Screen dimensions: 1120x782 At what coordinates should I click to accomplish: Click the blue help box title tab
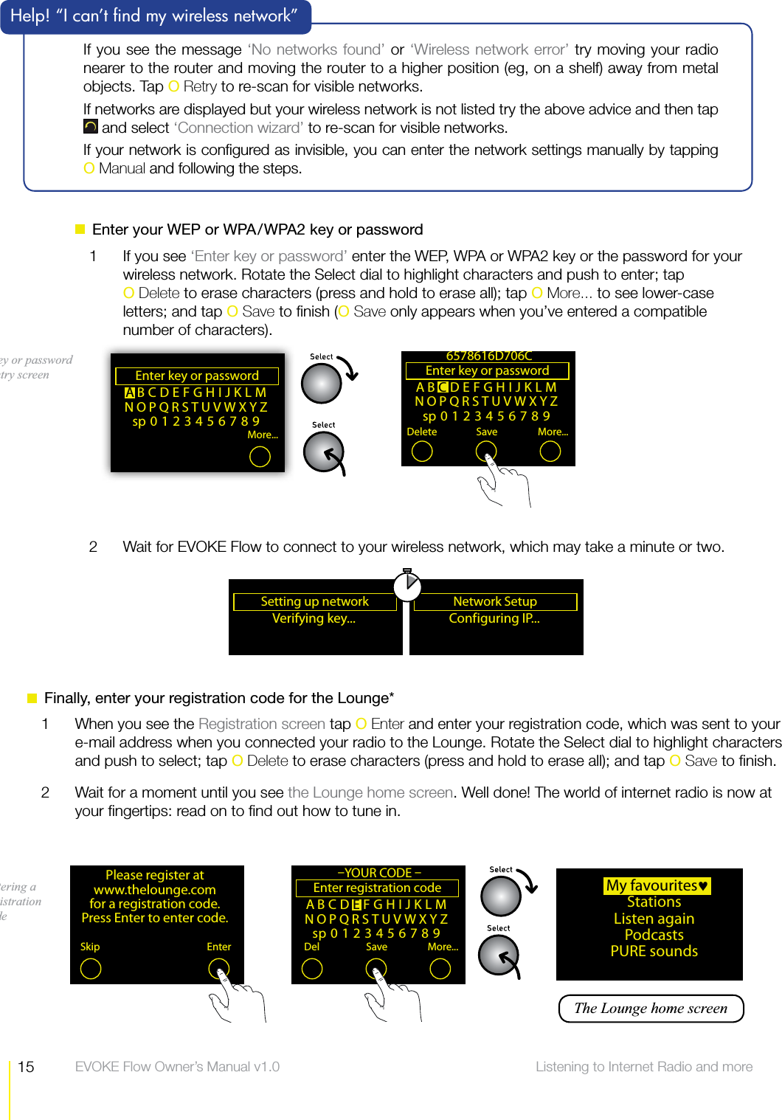pos(155,16)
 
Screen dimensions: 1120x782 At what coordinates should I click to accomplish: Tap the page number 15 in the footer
pos(26,1067)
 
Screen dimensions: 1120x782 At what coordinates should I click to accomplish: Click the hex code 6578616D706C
pos(488,356)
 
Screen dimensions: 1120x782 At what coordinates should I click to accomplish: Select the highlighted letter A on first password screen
pos(130,393)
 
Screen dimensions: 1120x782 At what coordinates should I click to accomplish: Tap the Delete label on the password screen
pos(421,432)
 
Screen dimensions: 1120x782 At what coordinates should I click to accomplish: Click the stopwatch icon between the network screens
pos(406,586)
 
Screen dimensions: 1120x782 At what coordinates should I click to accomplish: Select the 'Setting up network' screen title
pos(314,601)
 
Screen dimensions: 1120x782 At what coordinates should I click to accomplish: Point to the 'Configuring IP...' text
pos(494,618)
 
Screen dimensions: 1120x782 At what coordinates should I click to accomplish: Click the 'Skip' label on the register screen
pos(90,947)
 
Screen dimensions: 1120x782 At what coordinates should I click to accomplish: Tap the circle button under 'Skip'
pos(91,969)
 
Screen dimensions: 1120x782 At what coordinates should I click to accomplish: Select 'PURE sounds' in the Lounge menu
pos(654,951)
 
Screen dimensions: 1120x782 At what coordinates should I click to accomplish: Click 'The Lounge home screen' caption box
pos(651,1009)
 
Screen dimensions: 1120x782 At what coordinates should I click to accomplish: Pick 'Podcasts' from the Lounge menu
pos(654,935)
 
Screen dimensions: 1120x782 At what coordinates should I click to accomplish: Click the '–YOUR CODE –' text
pos(378,873)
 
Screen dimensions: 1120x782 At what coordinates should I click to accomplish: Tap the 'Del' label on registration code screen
pos(312,947)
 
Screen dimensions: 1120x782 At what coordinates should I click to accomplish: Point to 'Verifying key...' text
pos(314,618)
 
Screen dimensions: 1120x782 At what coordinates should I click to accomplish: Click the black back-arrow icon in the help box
pos(90,127)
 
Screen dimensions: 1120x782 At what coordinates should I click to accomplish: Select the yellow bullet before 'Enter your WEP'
pos(80,229)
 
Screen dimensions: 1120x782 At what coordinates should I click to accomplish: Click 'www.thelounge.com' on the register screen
pos(155,890)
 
